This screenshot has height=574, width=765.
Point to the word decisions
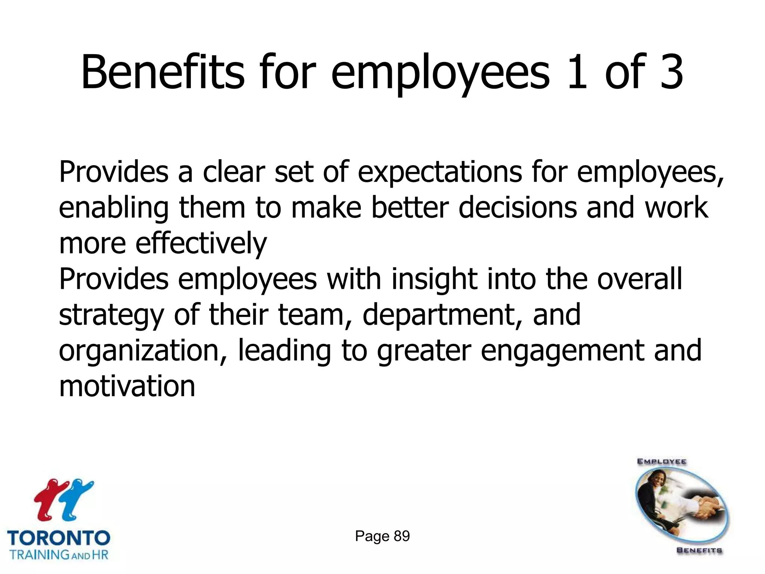click(x=517, y=208)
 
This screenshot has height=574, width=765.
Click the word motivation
click(x=127, y=386)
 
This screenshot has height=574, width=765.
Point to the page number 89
click(x=402, y=536)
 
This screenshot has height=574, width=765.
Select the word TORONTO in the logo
click(x=59, y=538)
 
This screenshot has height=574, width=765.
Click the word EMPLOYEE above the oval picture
click(x=662, y=462)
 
